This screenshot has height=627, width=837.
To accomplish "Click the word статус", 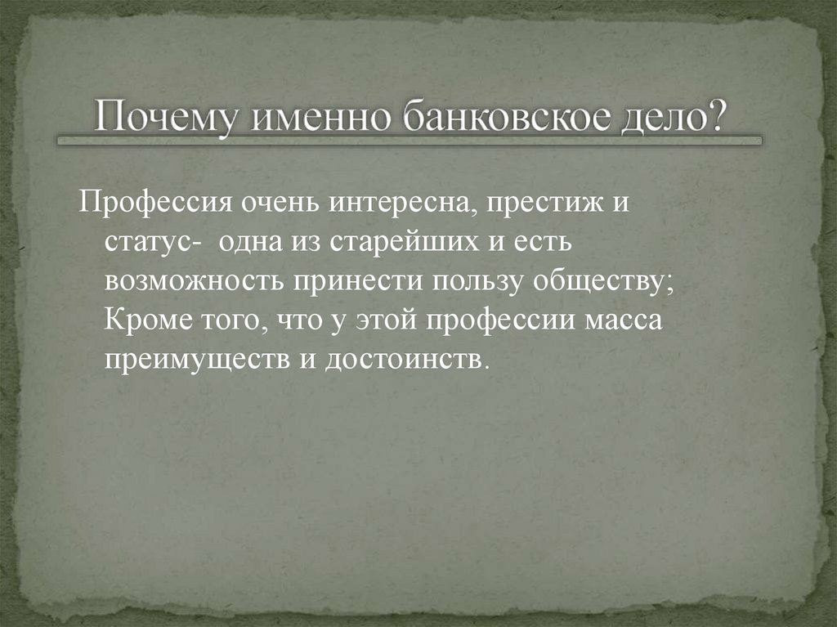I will point(145,243).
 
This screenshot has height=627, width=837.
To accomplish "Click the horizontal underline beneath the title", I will point(409,141).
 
